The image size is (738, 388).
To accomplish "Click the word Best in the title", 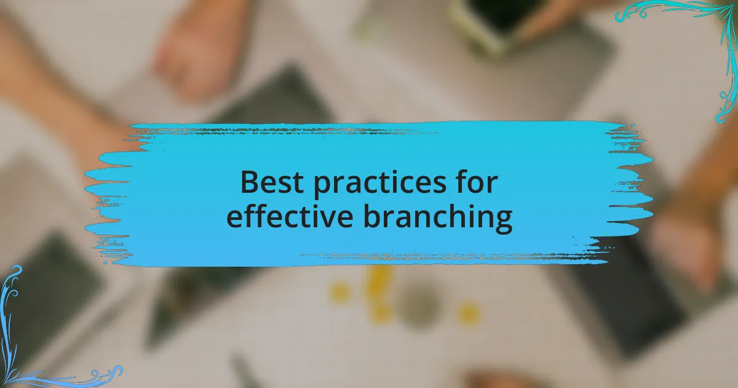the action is click(x=272, y=182).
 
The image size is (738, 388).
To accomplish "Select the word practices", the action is click(x=380, y=184).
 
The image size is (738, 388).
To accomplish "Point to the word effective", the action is click(x=290, y=215).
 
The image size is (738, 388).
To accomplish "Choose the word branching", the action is click(x=438, y=218).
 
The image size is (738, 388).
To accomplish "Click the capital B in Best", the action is click(x=250, y=182).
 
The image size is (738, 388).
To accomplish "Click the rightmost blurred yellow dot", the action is click(x=468, y=313).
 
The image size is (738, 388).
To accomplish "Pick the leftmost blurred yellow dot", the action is click(x=340, y=293).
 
